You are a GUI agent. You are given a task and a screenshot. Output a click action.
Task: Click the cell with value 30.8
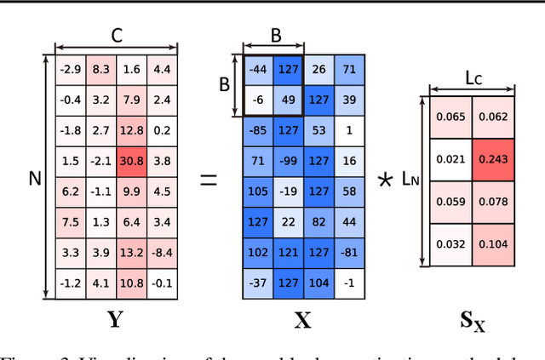[131, 160]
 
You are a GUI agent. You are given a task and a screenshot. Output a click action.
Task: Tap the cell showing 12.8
[131, 130]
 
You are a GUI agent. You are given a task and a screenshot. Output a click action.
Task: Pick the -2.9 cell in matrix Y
[70, 69]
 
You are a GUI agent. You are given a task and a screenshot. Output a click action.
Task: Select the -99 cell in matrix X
[288, 161]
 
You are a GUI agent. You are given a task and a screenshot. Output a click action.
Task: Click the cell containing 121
[288, 253]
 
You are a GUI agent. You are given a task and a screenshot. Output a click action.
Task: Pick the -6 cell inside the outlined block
[258, 100]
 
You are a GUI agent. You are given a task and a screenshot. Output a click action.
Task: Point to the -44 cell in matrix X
[258, 69]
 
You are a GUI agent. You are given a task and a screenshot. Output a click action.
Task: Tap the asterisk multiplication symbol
[385, 180]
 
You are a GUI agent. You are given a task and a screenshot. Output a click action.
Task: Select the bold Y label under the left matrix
[116, 320]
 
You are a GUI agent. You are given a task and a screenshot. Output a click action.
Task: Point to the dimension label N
[35, 178]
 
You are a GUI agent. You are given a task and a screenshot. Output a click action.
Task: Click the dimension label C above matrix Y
[117, 36]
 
